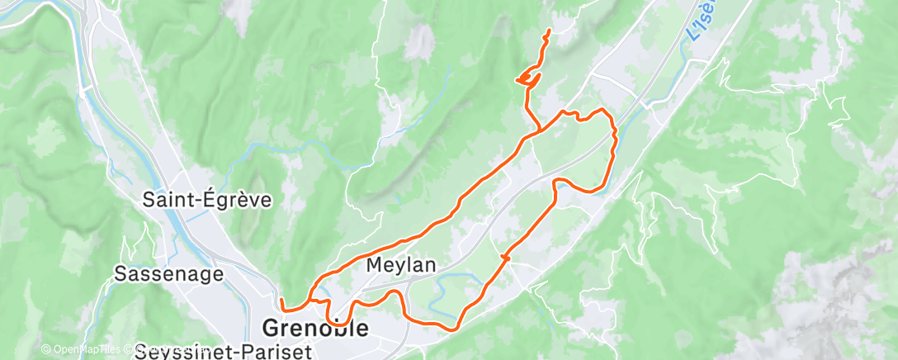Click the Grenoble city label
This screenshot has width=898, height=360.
point(314,328)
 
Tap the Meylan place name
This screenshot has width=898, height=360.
point(401,267)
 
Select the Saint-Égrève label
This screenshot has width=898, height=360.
point(206,200)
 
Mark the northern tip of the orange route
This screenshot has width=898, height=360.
point(549,31)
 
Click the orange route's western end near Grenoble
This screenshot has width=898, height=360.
point(281,300)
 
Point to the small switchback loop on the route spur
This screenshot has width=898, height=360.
point(527,78)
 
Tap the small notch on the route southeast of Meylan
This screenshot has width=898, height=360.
point(504,259)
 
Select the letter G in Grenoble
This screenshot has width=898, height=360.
point(270,328)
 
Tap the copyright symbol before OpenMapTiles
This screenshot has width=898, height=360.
point(45,350)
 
